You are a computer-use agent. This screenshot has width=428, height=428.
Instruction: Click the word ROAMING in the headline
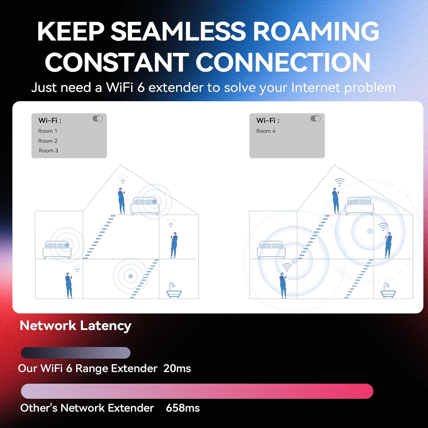click(x=316, y=31)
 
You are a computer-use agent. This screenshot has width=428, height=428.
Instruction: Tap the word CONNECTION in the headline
click(x=283, y=62)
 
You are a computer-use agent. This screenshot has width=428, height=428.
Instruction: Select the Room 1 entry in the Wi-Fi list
click(x=48, y=131)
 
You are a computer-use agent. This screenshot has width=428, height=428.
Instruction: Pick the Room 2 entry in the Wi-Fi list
click(x=48, y=141)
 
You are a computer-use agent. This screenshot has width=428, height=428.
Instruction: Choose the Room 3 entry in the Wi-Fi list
click(x=48, y=150)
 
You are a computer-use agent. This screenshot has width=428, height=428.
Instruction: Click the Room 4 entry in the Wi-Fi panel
click(x=266, y=131)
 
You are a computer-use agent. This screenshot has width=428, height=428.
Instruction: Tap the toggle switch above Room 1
click(x=98, y=118)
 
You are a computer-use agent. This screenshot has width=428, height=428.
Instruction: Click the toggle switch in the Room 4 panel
click(x=316, y=118)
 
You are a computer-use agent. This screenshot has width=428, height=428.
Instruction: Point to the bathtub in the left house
click(x=174, y=291)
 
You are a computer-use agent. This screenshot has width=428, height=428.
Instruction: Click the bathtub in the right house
click(x=388, y=291)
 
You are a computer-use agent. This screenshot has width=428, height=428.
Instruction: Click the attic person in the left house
click(x=122, y=200)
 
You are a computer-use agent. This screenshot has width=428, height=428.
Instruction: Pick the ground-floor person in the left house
click(x=69, y=285)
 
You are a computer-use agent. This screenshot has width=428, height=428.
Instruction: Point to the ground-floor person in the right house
click(x=283, y=285)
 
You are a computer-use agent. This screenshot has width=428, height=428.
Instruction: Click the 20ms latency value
click(x=177, y=368)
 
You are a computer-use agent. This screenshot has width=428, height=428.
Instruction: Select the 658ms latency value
click(x=183, y=408)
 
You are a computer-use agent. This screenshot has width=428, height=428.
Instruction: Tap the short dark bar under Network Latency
click(x=76, y=353)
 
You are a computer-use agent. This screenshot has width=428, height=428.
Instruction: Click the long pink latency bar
click(x=197, y=391)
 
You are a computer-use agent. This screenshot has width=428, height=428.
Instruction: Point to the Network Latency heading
click(x=75, y=326)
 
